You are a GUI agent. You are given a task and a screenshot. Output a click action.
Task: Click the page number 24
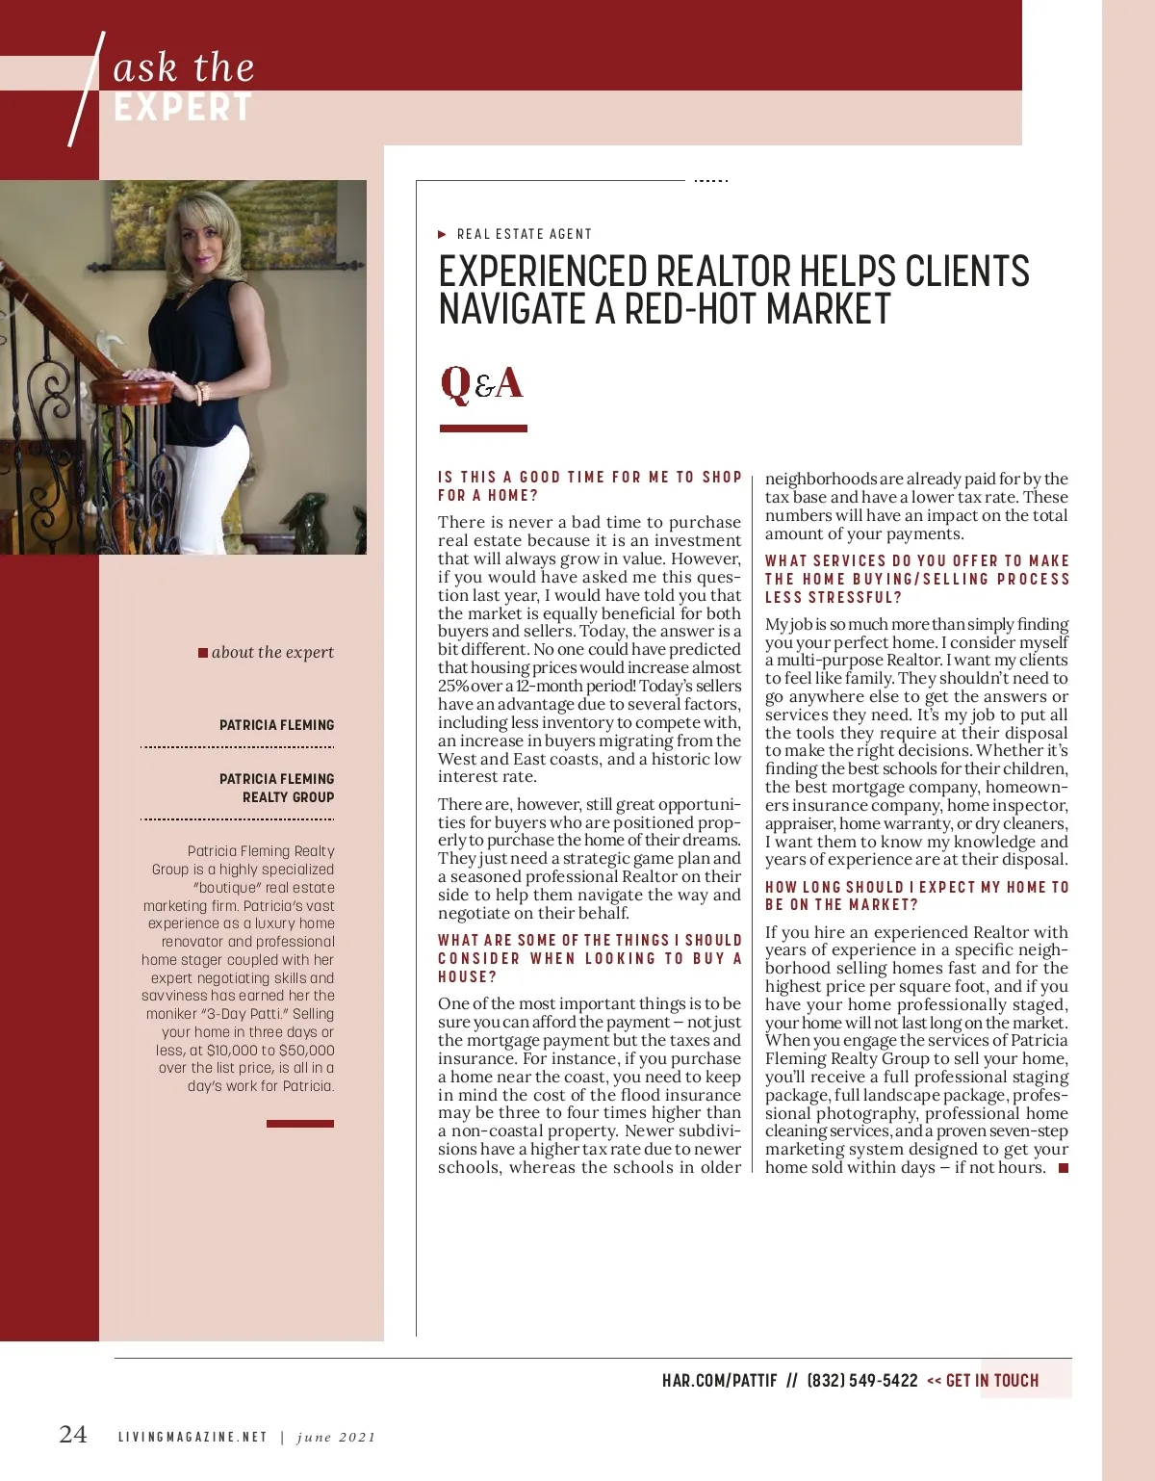coord(73,1434)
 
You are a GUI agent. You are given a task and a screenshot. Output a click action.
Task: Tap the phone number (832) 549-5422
coord(862,1381)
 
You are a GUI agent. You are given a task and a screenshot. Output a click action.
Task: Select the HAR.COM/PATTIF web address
coord(719,1381)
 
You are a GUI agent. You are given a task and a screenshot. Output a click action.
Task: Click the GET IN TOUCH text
coord(991,1381)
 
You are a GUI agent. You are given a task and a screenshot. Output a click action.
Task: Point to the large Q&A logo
coord(481,383)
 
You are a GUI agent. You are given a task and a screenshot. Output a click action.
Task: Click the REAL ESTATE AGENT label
coord(525,234)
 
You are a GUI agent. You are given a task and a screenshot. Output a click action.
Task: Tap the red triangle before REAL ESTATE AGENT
coord(442,234)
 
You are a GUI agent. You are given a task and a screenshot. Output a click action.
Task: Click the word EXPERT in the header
coord(183,108)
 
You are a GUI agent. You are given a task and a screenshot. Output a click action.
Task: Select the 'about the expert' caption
coord(272,652)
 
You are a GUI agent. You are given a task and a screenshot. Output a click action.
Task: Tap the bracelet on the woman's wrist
coord(203,393)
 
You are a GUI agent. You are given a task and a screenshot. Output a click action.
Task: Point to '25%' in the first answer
coord(453,686)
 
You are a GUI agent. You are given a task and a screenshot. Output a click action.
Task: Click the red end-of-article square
coord(1064,1168)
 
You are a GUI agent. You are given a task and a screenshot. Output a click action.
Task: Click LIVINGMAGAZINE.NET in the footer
coord(192,1437)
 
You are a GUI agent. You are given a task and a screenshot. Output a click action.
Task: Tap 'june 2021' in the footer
coord(336,1437)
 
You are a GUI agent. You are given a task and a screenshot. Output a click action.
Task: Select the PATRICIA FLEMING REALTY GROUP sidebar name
coord(277,788)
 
